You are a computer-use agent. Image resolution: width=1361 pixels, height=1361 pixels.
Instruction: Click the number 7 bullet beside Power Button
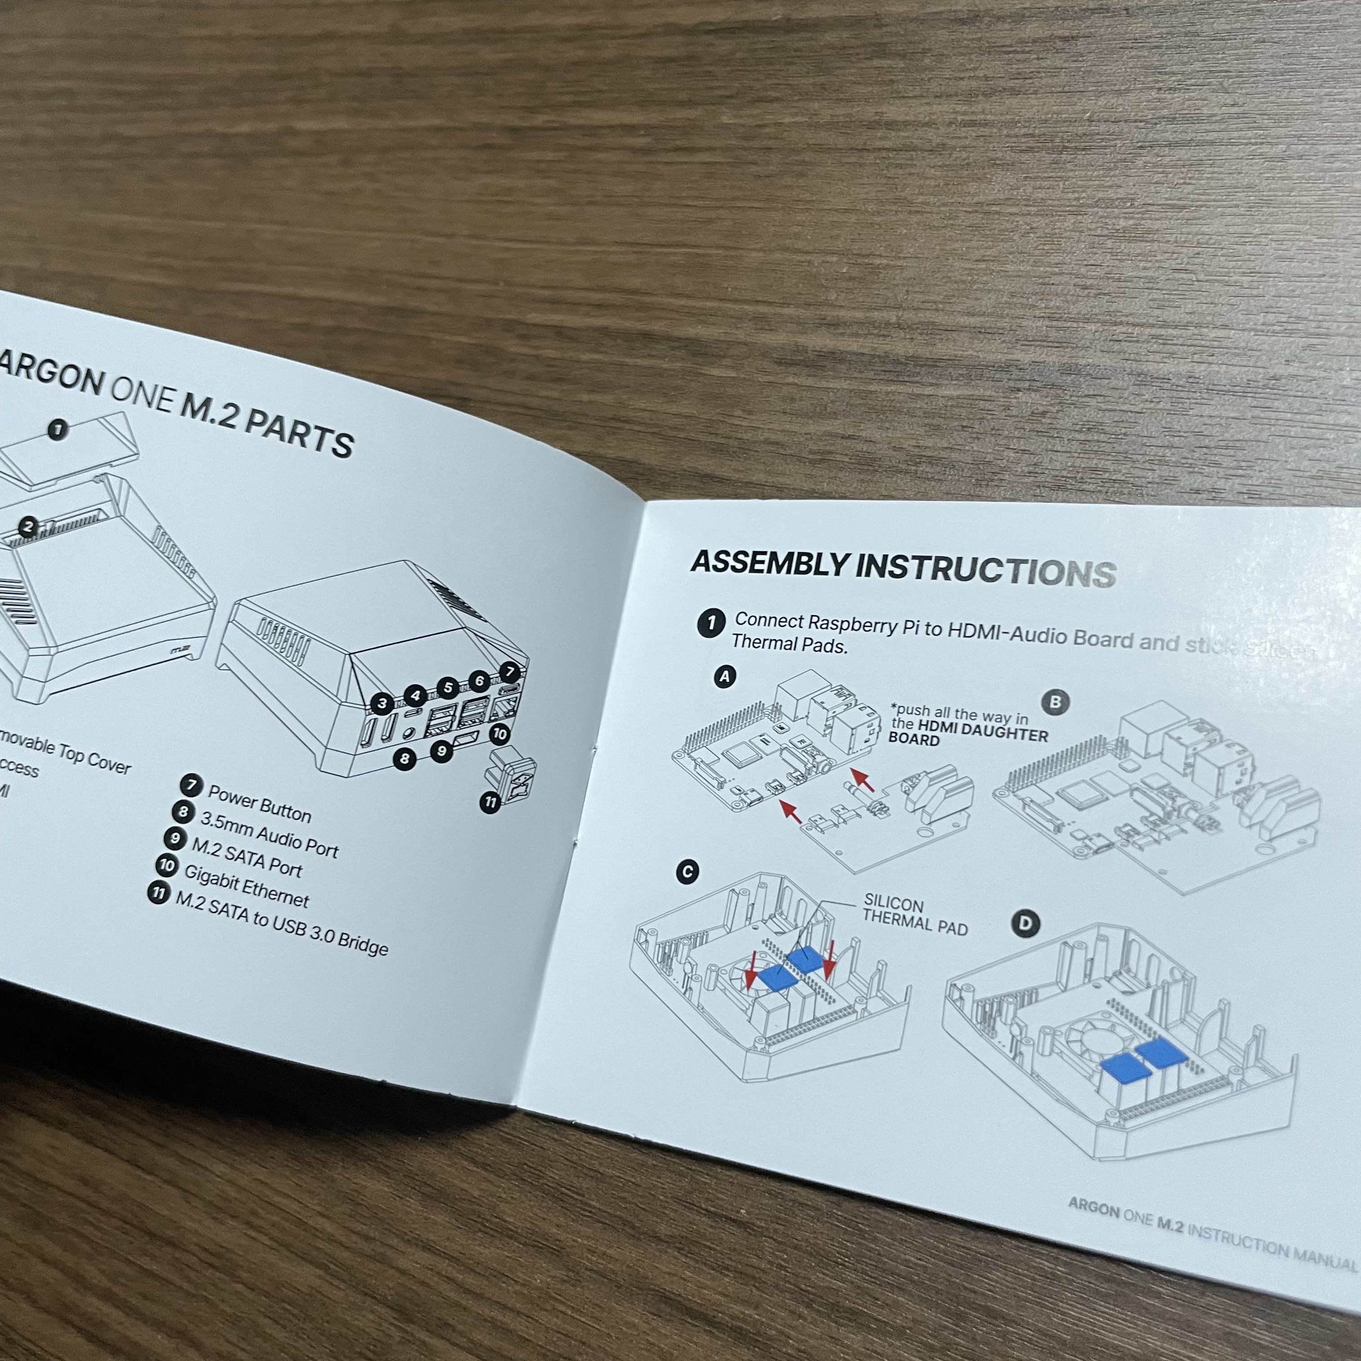coord(190,785)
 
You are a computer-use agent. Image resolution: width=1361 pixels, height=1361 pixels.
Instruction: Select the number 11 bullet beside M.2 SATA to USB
coord(158,894)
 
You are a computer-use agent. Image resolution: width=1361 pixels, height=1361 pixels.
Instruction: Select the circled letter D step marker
coord(1025,924)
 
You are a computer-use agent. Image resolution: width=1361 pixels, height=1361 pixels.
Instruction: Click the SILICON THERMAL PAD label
coord(915,915)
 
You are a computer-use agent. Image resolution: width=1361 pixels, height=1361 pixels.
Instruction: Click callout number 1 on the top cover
coord(58,429)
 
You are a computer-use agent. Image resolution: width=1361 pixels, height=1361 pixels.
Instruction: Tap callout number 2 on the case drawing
coord(28,526)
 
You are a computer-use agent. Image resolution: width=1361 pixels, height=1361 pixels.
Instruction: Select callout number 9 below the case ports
coord(441,751)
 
